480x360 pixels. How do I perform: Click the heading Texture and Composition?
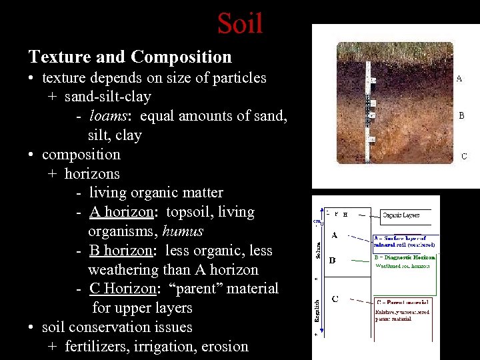click(x=130, y=57)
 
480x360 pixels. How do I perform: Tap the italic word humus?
click(x=183, y=231)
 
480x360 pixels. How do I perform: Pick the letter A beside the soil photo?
click(x=459, y=78)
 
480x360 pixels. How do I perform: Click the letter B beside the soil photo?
click(x=461, y=115)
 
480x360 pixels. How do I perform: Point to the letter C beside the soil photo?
click(x=464, y=157)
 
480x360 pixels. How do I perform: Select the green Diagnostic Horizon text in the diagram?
click(x=405, y=257)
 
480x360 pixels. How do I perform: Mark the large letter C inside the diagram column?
click(x=334, y=299)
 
